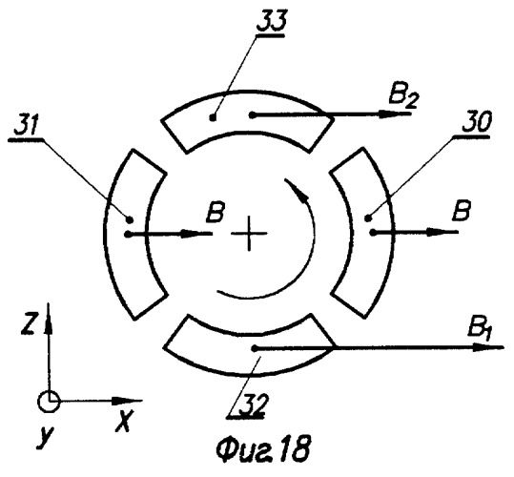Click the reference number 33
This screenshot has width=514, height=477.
point(272,22)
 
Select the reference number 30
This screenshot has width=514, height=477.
point(477,123)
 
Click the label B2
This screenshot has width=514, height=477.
point(402,97)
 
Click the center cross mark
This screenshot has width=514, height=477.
point(249,234)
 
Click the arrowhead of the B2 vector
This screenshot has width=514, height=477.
point(392,114)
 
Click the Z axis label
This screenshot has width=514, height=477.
point(29,323)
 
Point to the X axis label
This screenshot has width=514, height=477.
point(125,422)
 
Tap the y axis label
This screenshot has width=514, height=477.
point(46,437)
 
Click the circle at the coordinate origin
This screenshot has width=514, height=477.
point(49,402)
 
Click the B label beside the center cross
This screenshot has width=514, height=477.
point(215,213)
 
